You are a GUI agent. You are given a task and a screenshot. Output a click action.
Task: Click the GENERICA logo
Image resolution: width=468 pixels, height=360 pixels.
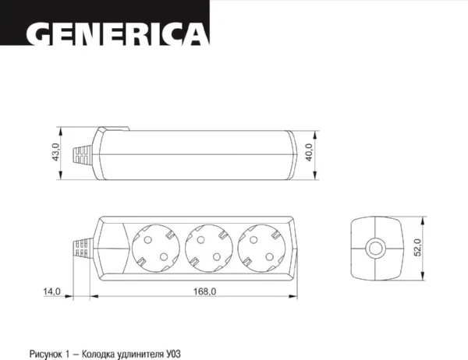coord(118,34)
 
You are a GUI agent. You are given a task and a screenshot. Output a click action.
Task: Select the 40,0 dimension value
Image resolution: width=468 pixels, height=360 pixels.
coord(310,153)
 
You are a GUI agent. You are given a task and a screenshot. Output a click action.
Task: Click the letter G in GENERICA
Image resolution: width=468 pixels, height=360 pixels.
coord(40,34)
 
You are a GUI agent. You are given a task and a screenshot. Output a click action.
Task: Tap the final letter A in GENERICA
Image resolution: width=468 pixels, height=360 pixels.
coord(197,34)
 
